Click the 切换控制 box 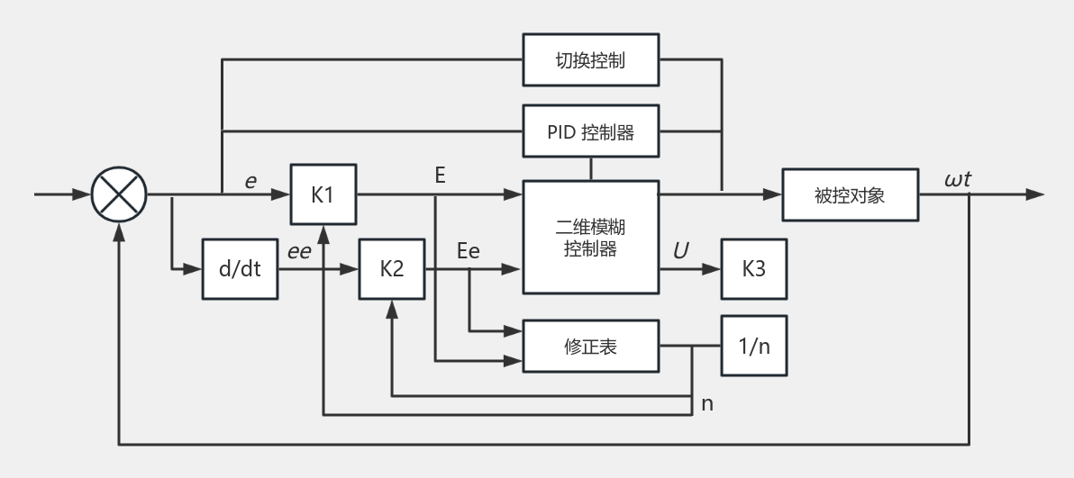(x=590, y=59)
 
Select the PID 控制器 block (x=590, y=131)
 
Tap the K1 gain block (x=323, y=194)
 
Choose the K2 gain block (x=392, y=269)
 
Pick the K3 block (x=753, y=269)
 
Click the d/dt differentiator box (x=240, y=269)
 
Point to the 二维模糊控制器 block (x=590, y=237)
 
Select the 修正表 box (x=590, y=346)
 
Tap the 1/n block (x=753, y=346)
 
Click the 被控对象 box (x=850, y=194)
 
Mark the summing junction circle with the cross (x=119, y=194)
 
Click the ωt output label (x=958, y=179)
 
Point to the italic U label (x=680, y=250)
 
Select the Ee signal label (x=469, y=250)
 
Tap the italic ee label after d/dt (x=298, y=252)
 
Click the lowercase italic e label (x=250, y=182)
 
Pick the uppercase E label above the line (x=441, y=176)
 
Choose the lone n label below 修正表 (x=707, y=404)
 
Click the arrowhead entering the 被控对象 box (x=773, y=194)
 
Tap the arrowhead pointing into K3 (x=712, y=269)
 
